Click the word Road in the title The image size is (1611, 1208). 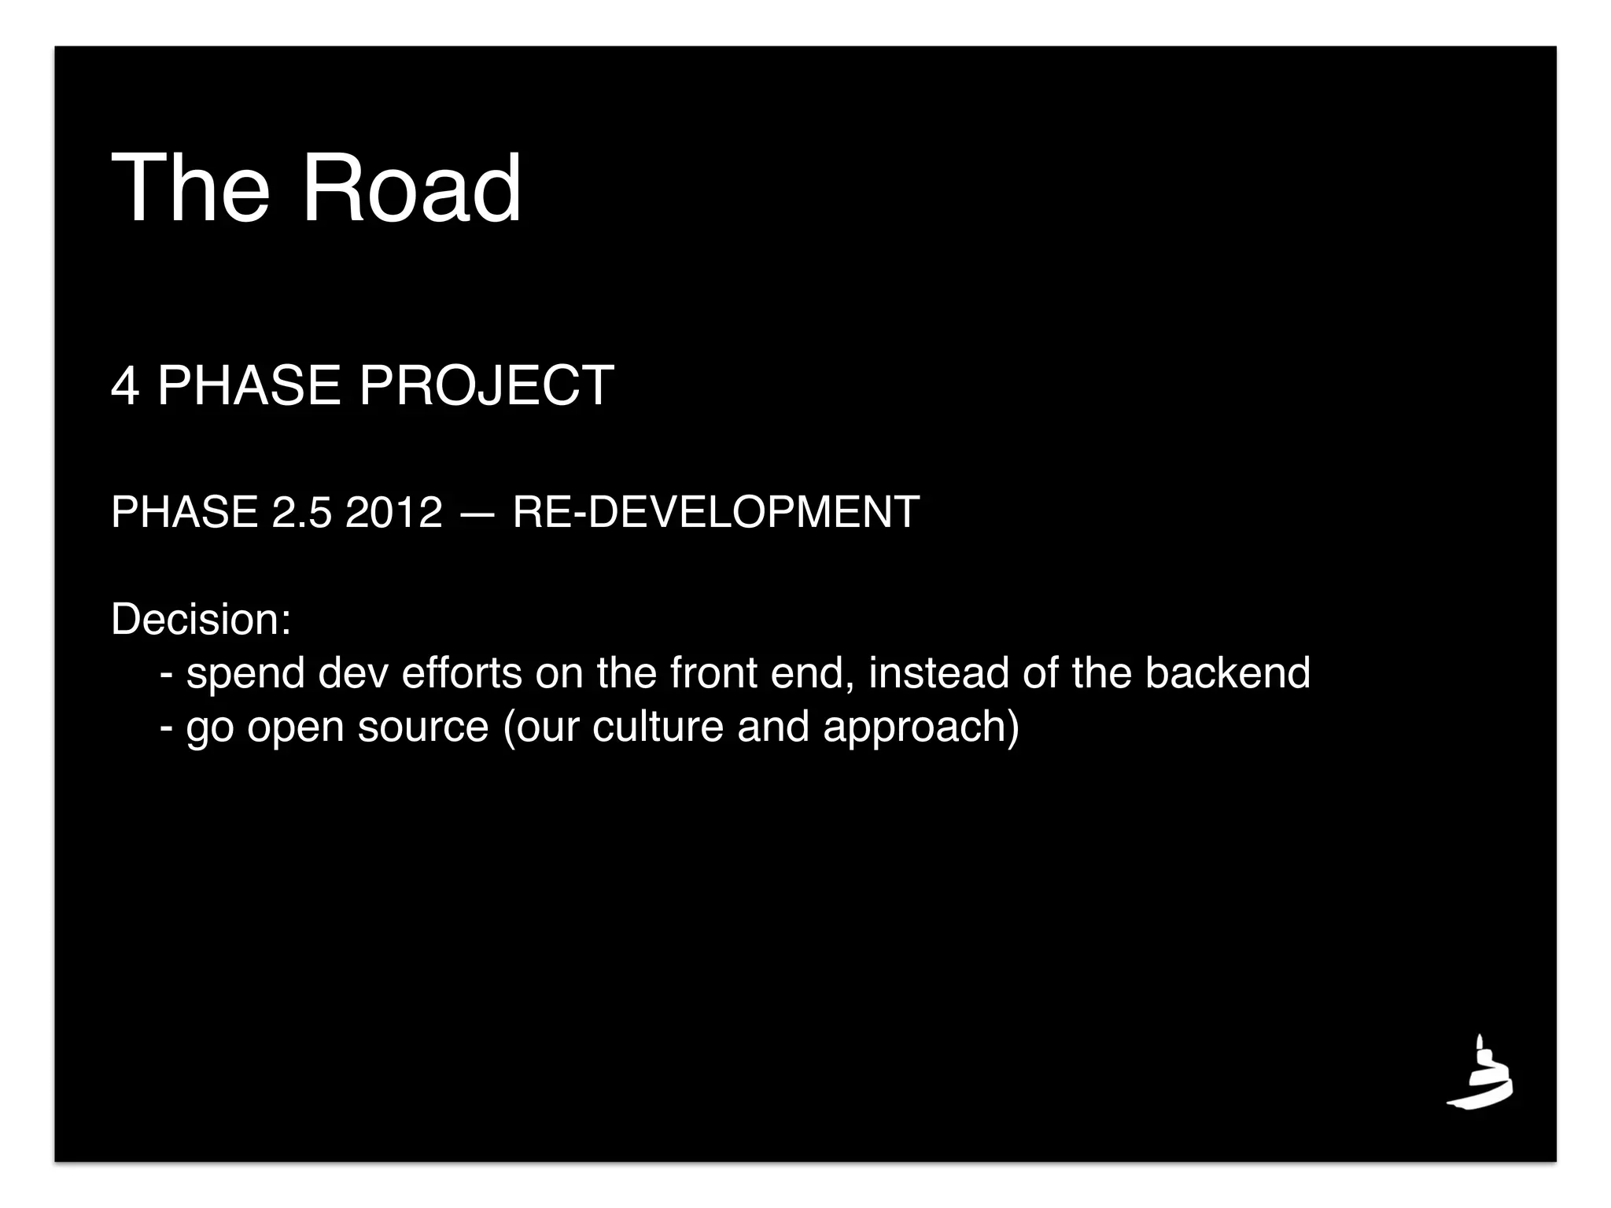(x=411, y=189)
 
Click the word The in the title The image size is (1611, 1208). (x=191, y=189)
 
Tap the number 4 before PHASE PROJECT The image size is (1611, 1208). (x=124, y=386)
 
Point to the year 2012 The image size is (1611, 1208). (x=393, y=512)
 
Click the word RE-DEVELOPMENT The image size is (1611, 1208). (x=715, y=512)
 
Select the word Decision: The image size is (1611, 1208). (x=201, y=619)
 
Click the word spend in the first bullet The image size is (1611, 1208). (x=245, y=674)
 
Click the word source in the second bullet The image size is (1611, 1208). (x=423, y=726)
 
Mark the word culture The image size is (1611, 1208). (x=658, y=726)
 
